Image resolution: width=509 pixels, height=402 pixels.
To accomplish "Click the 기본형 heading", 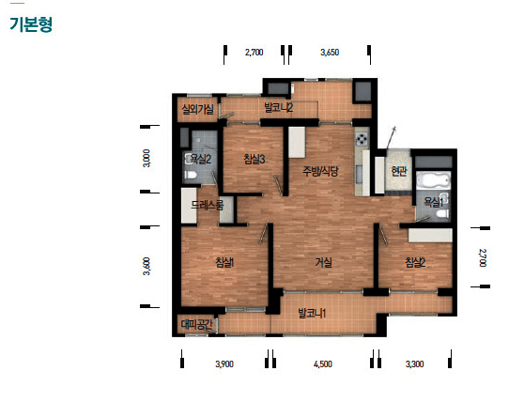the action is tap(31, 24).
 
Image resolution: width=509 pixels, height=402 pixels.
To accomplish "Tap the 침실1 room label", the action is tap(225, 262).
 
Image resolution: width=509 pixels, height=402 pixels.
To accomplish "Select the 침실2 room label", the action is tap(415, 262).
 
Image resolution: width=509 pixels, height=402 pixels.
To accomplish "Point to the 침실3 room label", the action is tap(254, 159).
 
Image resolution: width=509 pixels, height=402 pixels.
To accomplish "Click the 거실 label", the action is tap(324, 262).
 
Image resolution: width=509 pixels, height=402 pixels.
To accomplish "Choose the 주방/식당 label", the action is tap(320, 171).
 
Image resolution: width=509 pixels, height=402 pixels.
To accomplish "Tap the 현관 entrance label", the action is tap(399, 171).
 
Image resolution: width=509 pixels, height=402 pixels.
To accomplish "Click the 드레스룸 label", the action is tap(208, 205).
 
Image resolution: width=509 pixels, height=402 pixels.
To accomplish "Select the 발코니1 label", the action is tap(312, 314).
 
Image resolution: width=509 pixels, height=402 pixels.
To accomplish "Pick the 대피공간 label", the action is tap(196, 324).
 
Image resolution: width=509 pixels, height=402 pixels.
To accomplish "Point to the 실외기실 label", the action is tap(198, 110).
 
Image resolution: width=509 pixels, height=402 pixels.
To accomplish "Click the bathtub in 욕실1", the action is tap(434, 180).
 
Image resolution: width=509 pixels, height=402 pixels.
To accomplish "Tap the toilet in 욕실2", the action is tap(191, 175).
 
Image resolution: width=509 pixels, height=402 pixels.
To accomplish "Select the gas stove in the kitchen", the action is tap(362, 140).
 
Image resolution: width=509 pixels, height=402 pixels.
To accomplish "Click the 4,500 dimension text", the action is tap(323, 364).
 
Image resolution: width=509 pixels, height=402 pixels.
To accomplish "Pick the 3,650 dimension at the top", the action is tap(330, 53).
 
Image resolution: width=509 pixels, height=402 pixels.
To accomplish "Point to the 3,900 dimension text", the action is tap(224, 364).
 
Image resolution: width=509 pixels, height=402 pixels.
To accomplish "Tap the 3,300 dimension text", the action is tap(415, 364).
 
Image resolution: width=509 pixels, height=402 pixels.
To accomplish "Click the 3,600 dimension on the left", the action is tap(147, 266).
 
